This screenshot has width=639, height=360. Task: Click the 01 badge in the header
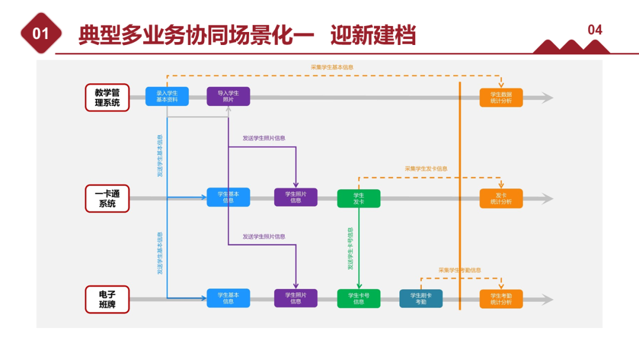40,34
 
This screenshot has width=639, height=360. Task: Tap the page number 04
595,30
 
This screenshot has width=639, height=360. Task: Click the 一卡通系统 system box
106,198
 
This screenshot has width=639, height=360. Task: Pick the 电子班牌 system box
106,300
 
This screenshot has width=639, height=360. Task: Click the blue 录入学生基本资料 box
167,97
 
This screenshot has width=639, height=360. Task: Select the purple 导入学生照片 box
228,97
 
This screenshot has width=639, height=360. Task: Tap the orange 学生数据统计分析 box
501,97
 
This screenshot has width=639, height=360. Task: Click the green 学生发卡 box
359,198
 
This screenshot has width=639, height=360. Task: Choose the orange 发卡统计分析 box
501,198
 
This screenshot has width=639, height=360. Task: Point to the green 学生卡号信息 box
359,298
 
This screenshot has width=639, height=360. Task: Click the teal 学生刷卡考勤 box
421,298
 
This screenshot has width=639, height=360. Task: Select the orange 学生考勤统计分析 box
501,298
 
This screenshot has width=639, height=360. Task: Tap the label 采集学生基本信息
332,67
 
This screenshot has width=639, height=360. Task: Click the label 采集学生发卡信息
426,169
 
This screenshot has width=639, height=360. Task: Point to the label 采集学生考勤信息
459,270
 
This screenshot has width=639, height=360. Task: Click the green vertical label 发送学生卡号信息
350,249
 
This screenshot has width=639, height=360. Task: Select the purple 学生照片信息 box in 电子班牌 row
295,298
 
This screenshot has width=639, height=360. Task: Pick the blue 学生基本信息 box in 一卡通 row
228,197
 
